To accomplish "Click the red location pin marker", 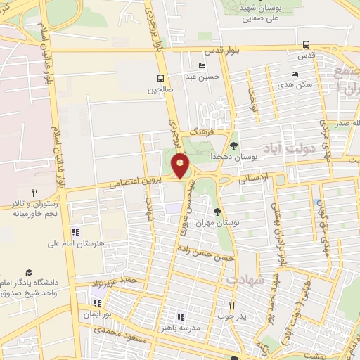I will (x=181, y=165).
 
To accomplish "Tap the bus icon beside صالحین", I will (x=162, y=78).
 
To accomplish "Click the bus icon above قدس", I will (x=306, y=44).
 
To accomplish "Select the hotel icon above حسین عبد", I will (x=202, y=66).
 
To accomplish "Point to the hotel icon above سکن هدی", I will (x=295, y=73).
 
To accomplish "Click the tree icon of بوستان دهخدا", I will (x=233, y=146).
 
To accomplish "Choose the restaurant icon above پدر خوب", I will (x=231, y=305).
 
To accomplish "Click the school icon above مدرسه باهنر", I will (x=180, y=317).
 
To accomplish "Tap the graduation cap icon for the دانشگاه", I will (x=29, y=272).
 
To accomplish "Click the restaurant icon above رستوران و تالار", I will (x=33, y=193).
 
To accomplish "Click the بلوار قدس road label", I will (x=223, y=52).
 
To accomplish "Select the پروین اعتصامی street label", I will (x=136, y=183).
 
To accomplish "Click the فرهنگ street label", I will (x=192, y=132).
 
